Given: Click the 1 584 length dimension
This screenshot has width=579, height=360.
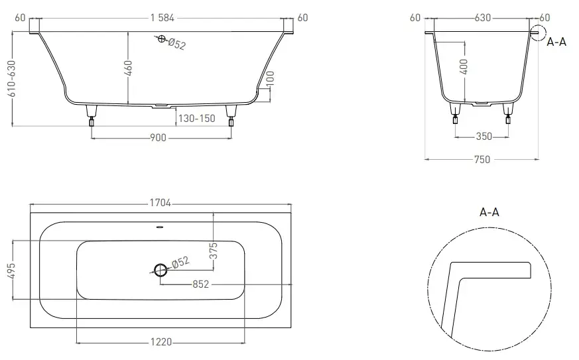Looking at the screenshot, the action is click(162, 18).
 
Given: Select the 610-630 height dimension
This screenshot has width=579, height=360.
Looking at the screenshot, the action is click(12, 79).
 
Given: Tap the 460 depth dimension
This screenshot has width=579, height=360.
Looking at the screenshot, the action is click(128, 68).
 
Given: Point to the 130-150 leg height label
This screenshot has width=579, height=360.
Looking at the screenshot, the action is click(196, 119).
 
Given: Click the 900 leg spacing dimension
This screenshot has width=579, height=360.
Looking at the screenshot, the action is click(158, 138).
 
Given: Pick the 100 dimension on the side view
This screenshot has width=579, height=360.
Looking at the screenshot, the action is click(270, 79).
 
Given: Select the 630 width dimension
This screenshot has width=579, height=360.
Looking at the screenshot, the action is click(483, 18).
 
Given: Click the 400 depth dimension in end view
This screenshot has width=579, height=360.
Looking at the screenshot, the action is click(464, 66).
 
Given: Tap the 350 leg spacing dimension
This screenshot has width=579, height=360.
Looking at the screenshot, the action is click(483, 137).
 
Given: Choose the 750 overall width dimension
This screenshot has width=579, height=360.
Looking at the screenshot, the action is click(482, 160).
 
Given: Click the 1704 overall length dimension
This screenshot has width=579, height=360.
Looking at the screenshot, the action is click(161, 203).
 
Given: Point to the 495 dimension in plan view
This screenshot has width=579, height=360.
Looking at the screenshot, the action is click(12, 270).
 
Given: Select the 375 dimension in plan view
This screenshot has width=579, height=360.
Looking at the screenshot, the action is click(213, 251).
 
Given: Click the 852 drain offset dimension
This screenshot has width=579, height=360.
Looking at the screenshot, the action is click(200, 284).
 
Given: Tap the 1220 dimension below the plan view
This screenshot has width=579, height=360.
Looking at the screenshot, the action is click(161, 342).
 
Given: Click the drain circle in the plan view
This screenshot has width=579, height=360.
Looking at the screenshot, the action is click(161, 270).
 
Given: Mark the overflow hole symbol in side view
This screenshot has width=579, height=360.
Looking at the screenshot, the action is click(161, 38).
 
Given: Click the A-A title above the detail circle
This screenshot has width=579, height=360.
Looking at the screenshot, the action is click(489, 212).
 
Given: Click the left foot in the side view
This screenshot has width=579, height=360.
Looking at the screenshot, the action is click(92, 115).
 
